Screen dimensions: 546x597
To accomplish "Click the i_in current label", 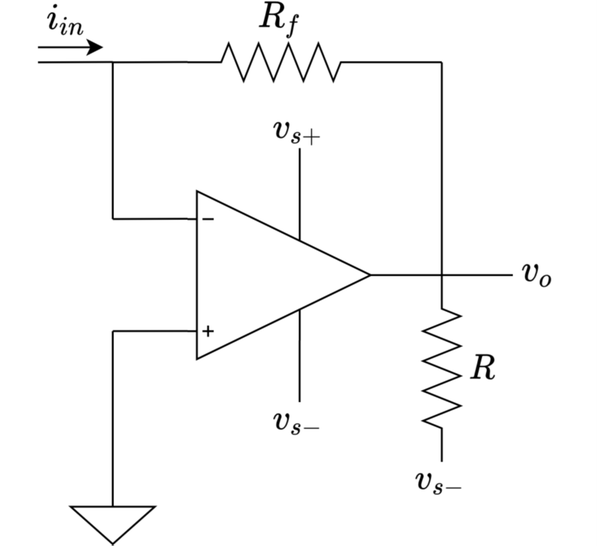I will pyautogui.click(x=65, y=23).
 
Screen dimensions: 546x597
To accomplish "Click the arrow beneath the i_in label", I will pyautogui.click(x=70, y=48).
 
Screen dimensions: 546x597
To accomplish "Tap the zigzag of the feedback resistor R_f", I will pyautogui.click(x=281, y=62).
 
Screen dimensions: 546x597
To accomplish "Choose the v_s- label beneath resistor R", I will pyautogui.click(x=438, y=482).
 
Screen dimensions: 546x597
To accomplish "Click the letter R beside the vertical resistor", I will pyautogui.click(x=482, y=368).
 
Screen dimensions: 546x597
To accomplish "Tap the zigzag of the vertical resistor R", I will pyautogui.click(x=441, y=368).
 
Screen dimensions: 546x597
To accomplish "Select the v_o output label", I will pyautogui.click(x=537, y=275).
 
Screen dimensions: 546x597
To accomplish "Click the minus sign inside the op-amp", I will pyautogui.click(x=208, y=219).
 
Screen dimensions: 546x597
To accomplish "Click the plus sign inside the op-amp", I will pyautogui.click(x=208, y=331).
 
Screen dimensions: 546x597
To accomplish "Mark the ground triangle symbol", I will pyautogui.click(x=113, y=522).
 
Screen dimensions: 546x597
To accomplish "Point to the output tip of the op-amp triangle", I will pyautogui.click(x=370, y=274).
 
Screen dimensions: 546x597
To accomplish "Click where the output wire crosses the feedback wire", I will pyautogui.click(x=441, y=274).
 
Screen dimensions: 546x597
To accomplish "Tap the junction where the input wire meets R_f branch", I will pyautogui.click(x=113, y=62).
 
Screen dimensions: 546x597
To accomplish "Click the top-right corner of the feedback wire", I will pyautogui.click(x=441, y=62).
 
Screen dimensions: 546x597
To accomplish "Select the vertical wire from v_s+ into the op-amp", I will pyautogui.click(x=299, y=195).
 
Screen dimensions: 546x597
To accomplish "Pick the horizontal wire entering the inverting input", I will pyautogui.click(x=154, y=219).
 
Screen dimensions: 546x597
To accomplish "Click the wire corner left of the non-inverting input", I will pyautogui.click(x=113, y=331).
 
